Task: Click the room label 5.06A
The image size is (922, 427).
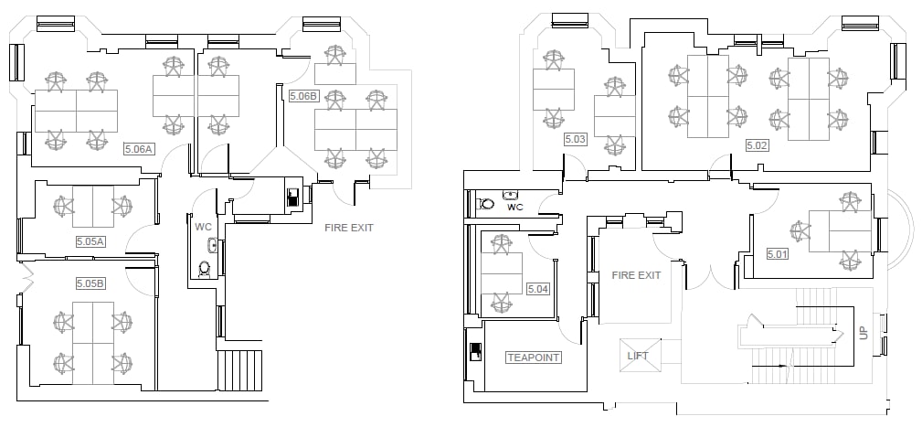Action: [x=140, y=147]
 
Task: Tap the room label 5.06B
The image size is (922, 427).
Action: [x=302, y=95]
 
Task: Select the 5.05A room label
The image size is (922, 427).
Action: [x=90, y=241]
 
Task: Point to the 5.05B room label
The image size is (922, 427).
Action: [x=90, y=283]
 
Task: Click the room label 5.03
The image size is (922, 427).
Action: [x=575, y=139]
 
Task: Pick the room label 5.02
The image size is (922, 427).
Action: [x=758, y=144]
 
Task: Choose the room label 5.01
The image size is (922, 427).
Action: [x=778, y=253]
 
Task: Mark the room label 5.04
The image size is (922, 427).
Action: [x=538, y=289]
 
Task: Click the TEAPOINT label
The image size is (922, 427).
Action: [x=534, y=358]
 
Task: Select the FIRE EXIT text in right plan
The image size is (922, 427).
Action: [x=636, y=275]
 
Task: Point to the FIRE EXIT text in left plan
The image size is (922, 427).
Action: [x=349, y=228]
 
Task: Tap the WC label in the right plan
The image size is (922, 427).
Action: [x=515, y=208]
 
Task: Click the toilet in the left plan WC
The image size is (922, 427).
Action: [x=205, y=268]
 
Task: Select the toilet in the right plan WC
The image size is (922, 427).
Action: [x=486, y=204]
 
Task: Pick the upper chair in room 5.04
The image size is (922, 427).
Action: [x=501, y=244]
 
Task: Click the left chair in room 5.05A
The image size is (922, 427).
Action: [x=63, y=208]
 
